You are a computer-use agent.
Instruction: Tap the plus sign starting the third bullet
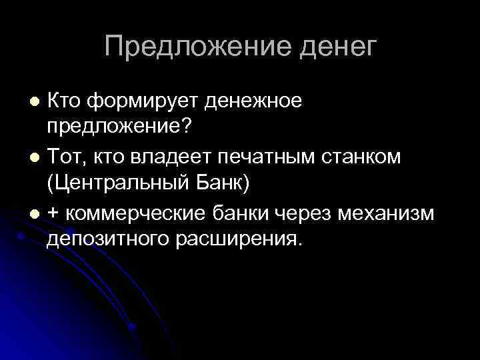[x=53, y=213]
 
